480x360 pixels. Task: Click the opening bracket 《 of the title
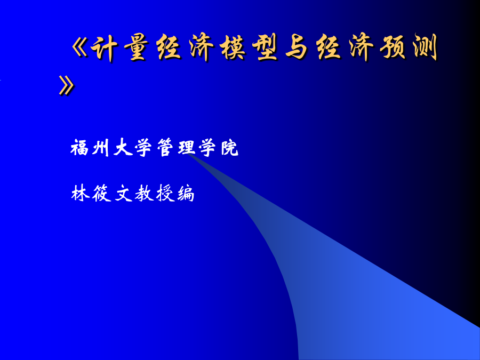coord(79,48)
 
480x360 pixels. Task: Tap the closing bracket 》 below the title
coord(67,85)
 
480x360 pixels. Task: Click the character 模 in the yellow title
coord(233,47)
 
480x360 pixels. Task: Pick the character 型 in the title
coord(265,47)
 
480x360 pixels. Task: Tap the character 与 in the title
coord(297,47)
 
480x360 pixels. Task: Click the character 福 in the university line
coord(79,148)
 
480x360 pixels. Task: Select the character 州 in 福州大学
coord(101,148)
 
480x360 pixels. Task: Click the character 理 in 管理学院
coord(187,148)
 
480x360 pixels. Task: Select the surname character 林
coord(80,193)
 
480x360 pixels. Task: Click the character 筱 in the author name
coord(101,193)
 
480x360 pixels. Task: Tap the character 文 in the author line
coord(123,193)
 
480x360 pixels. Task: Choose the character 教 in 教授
coord(144,193)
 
